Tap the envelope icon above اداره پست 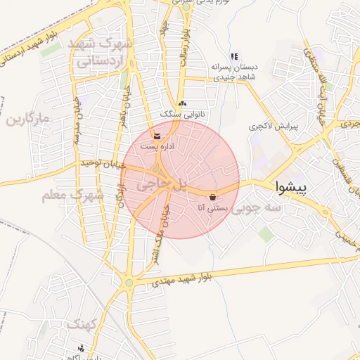157,135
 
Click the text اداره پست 155,146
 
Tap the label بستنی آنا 210,208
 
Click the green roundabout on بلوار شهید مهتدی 129,283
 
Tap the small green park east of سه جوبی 266,234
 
